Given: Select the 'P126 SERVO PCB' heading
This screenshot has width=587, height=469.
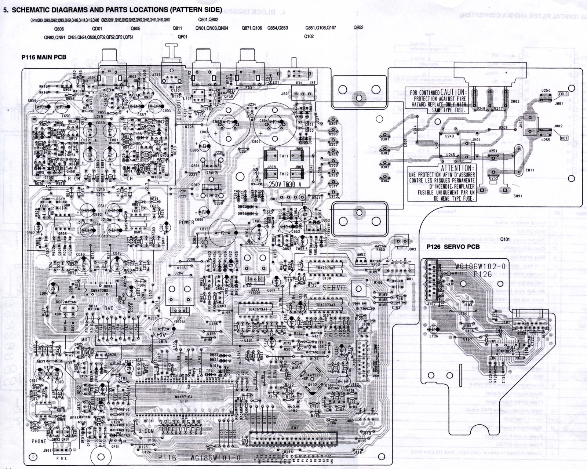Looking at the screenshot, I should point(453,247).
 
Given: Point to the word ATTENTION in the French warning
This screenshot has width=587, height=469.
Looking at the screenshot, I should point(456,168).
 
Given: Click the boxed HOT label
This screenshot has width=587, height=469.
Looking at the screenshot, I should point(564,138).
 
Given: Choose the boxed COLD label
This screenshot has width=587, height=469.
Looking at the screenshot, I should point(563,94).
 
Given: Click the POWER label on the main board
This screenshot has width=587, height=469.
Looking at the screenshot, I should point(186,222).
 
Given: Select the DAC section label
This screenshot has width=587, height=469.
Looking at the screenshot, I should point(109,309).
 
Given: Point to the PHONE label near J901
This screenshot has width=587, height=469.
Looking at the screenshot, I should point(39,441).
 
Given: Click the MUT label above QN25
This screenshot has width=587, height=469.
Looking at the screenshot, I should point(85,340).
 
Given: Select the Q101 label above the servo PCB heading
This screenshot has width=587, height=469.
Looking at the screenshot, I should point(505,239).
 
